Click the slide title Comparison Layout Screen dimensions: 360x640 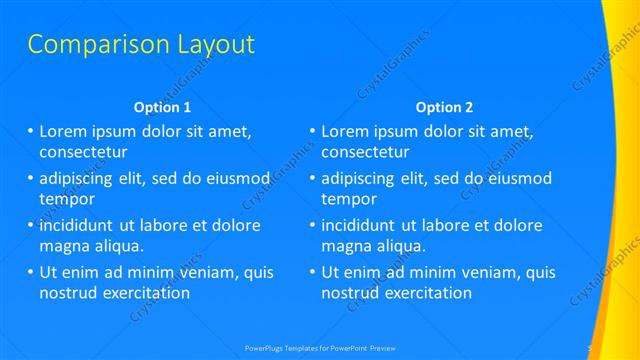[x=140, y=45]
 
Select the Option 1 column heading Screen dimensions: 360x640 [x=161, y=107]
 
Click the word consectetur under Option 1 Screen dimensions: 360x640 [x=83, y=152]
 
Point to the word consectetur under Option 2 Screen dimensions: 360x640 [x=365, y=152]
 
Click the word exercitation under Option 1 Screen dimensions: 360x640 [x=144, y=293]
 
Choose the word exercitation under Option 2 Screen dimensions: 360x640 [x=427, y=293]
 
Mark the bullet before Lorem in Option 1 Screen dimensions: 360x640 [x=31, y=131]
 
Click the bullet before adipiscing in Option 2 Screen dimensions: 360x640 [x=313, y=178]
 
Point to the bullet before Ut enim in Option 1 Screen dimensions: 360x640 [x=31, y=272]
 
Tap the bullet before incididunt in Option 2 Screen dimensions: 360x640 [x=313, y=225]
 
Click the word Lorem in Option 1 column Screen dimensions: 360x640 [x=63, y=131]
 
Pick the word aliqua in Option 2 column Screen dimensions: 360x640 [x=403, y=245]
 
